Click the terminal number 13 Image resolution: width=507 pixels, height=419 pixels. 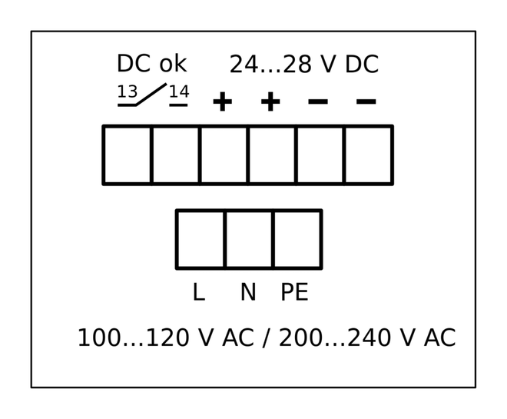(127, 92)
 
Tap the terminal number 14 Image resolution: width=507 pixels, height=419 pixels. (179, 92)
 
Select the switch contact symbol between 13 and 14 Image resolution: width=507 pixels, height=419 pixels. (152, 95)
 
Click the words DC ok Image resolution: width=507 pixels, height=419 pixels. (151, 64)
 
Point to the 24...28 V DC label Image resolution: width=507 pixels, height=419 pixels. (303, 65)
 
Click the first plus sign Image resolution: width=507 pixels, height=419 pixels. (222, 101)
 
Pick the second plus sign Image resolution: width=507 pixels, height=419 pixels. (270, 101)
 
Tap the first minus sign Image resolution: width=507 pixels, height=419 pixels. (318, 101)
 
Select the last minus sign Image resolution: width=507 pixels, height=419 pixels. (366, 101)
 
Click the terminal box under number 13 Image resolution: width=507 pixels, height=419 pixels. (128, 155)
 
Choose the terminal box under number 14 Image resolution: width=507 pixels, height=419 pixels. (176, 155)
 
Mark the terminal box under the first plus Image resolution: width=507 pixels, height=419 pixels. (224, 155)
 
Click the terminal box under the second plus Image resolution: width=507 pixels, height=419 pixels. (272, 155)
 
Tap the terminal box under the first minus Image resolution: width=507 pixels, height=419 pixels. (320, 155)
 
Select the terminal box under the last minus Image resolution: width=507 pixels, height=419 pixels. (368, 155)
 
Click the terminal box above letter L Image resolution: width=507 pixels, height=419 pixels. (200, 239)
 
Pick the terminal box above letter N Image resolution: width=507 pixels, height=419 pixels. (249, 239)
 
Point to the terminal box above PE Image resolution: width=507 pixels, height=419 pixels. (297, 239)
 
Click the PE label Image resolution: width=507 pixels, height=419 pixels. (294, 293)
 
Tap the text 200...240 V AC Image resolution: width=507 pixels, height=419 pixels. (366, 338)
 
